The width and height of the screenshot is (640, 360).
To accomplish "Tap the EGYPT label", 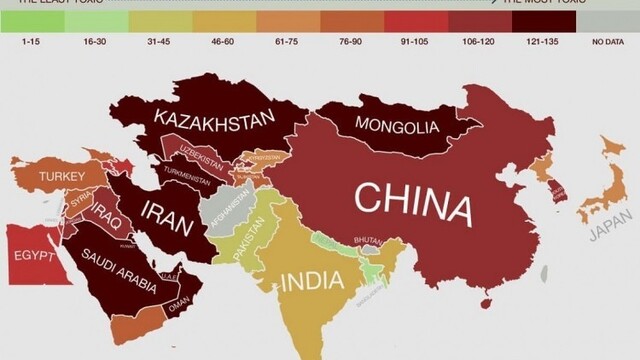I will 34,255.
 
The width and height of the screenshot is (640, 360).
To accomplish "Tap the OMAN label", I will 180,299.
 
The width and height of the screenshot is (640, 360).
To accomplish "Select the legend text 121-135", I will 539,41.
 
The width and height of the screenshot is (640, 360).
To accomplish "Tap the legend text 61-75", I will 287,41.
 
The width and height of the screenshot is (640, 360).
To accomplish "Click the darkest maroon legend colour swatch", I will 541,19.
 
